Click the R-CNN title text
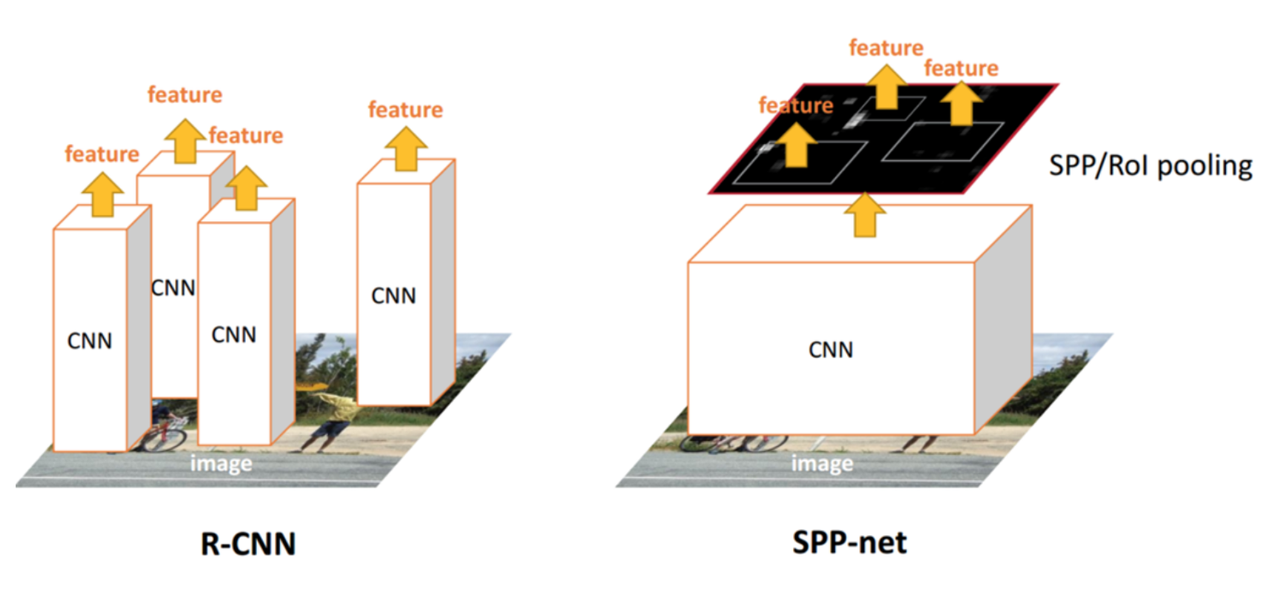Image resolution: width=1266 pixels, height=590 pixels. (248, 544)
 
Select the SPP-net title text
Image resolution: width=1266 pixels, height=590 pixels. (849, 543)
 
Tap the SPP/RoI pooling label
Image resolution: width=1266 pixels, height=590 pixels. (1149, 165)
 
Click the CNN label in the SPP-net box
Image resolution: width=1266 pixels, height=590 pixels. (830, 350)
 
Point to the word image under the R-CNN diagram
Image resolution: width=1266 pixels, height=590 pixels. (221, 464)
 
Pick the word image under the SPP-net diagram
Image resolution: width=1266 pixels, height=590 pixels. (821, 464)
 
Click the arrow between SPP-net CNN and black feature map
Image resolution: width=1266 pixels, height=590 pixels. (864, 214)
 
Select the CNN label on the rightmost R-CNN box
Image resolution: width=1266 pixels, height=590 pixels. (393, 296)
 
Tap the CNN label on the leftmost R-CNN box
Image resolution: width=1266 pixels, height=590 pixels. (89, 341)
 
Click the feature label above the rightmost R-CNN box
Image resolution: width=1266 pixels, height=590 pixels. (405, 111)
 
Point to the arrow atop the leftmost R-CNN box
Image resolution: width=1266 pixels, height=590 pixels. (102, 194)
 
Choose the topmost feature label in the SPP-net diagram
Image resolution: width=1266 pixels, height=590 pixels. (886, 48)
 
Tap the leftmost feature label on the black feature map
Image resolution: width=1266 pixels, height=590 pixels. (795, 105)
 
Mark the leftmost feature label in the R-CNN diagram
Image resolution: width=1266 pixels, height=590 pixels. (102, 154)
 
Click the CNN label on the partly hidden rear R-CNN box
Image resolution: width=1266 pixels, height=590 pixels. (173, 288)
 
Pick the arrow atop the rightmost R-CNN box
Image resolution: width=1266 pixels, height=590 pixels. (405, 148)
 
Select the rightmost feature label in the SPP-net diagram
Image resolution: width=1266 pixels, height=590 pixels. (961, 69)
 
